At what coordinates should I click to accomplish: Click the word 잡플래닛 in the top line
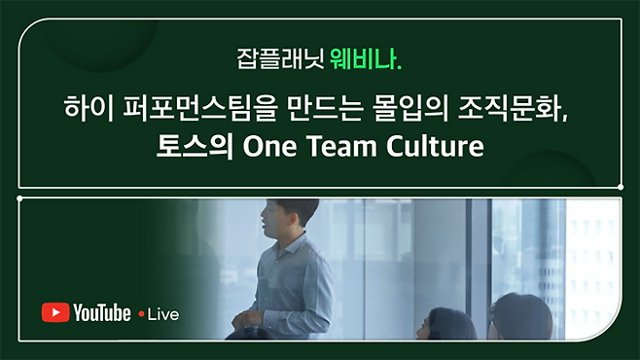pos(280,59)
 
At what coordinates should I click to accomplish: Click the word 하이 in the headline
pos(89,109)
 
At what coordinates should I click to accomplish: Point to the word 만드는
pos(325,109)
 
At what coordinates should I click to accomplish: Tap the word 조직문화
pos(511,109)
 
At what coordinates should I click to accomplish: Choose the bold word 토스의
pos(195,146)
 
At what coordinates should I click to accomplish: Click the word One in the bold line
pos(269,146)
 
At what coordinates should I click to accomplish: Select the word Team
pos(341,146)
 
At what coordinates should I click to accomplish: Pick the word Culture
pos(435,146)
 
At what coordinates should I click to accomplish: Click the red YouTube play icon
pos(55,312)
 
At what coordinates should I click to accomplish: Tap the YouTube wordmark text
pos(102,312)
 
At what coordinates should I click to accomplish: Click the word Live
pos(163,314)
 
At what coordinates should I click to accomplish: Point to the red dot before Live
pos(142,314)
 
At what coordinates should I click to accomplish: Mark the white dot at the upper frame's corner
pos(621,187)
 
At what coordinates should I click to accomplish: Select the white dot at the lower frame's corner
pos(19,198)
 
